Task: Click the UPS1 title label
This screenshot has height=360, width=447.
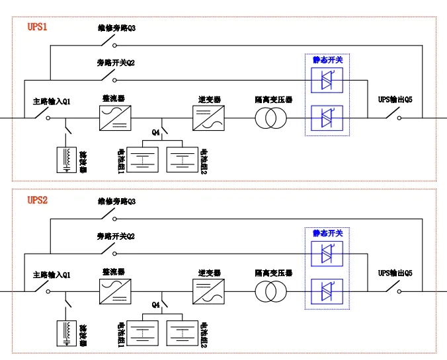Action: [37, 27]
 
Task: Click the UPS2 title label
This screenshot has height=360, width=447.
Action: [37, 199]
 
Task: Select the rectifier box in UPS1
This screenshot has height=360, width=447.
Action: [113, 118]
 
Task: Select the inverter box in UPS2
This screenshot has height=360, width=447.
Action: [206, 291]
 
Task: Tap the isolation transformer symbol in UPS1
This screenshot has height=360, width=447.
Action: [270, 118]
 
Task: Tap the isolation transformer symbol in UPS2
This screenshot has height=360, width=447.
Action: [270, 291]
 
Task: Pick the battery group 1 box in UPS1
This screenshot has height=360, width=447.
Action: [142, 159]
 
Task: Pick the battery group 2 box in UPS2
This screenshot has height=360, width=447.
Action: [183, 332]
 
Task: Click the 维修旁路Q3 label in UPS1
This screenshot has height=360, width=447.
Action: [116, 28]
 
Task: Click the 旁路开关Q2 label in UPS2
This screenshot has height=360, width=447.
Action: [116, 236]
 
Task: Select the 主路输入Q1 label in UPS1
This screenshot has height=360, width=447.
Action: [52, 102]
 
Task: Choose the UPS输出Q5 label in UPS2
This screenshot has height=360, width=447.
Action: [395, 273]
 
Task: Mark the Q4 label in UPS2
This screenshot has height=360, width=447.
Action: [156, 305]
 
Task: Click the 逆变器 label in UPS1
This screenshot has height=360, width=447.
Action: [210, 100]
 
